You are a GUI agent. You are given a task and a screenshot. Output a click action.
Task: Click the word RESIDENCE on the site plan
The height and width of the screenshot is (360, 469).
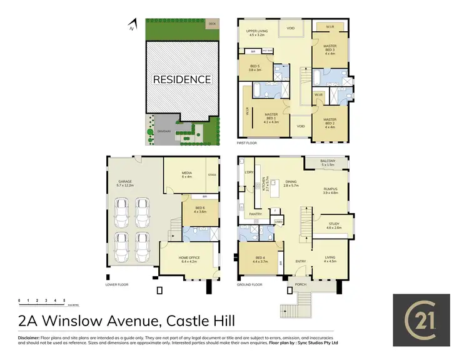182,79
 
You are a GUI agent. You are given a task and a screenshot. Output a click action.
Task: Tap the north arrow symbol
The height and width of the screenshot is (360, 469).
130,26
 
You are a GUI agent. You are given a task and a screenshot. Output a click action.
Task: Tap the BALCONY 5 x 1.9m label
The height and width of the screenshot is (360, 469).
328,164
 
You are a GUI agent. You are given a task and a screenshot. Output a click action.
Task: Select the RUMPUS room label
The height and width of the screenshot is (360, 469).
330,191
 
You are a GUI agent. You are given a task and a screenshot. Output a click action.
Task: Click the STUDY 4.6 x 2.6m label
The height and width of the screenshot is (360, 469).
334,226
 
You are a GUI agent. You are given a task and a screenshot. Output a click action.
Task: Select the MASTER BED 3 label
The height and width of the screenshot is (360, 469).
330,50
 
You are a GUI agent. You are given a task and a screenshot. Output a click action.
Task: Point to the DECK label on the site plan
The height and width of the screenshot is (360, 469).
212,23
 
